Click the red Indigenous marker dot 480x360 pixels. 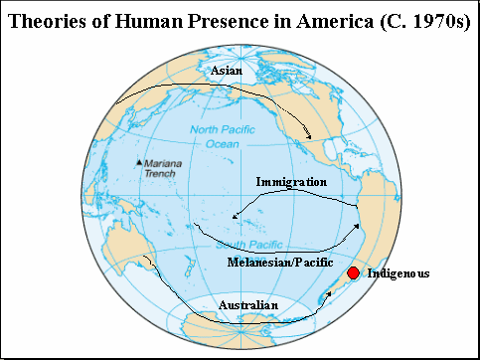[352, 273]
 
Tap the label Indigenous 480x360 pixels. [399, 272]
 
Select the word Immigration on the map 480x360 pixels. [291, 183]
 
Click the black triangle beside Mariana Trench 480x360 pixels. [138, 162]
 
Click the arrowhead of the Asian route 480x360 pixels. [309, 135]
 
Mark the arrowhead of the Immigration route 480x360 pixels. [235, 217]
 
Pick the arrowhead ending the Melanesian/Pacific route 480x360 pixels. [357, 227]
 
